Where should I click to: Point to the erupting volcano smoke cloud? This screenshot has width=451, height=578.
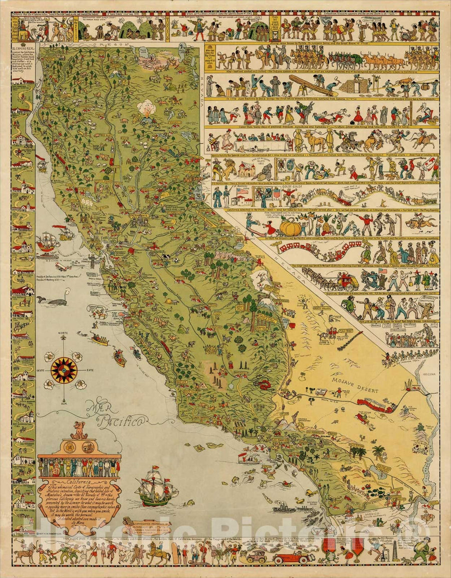pyautogui.click(x=147, y=107)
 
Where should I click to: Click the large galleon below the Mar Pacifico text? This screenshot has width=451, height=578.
pyautogui.click(x=157, y=487)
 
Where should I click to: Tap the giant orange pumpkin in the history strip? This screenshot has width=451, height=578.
pyautogui.click(x=290, y=227)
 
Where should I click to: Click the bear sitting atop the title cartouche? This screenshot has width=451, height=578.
pyautogui.click(x=79, y=430)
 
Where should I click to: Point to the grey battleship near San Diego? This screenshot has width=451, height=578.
pyautogui.click(x=286, y=508)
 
